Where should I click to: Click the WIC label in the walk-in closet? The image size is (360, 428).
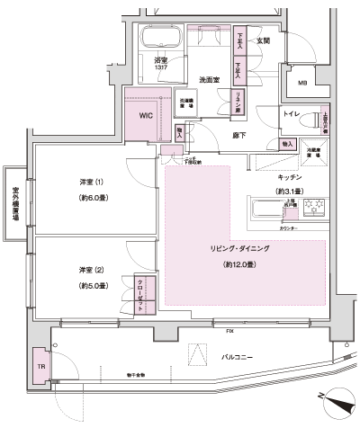click(146, 116)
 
